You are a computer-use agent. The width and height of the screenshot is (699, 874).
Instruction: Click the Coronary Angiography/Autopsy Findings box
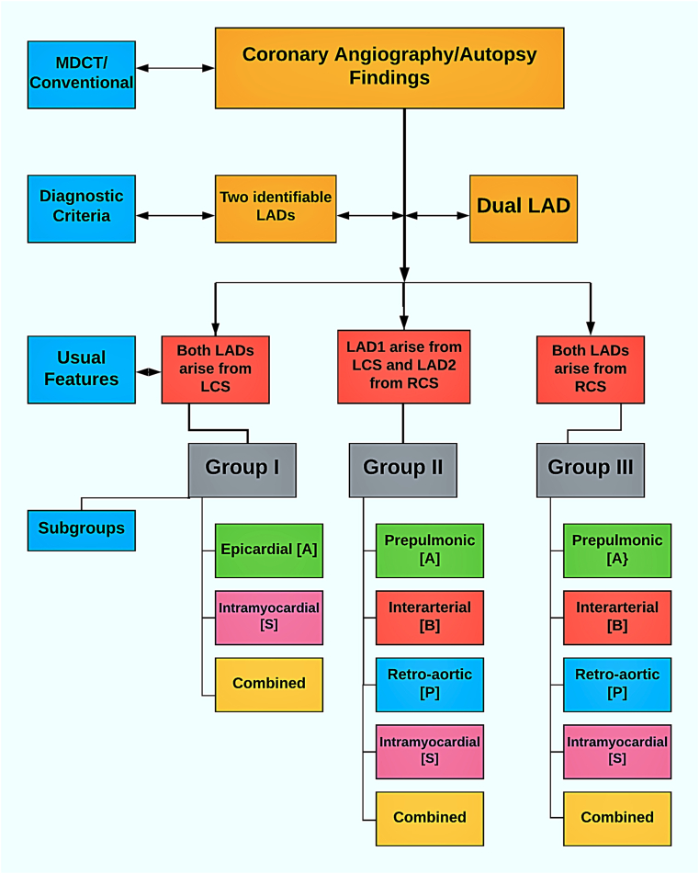[389, 67]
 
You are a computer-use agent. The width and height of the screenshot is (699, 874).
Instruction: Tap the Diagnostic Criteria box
[82, 209]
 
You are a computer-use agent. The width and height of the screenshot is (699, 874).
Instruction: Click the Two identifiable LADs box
[276, 209]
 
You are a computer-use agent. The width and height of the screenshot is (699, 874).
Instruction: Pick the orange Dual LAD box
[524, 209]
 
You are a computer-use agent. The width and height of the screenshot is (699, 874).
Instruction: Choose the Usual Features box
[82, 369]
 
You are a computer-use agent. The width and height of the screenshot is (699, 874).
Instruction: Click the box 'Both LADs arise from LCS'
[216, 369]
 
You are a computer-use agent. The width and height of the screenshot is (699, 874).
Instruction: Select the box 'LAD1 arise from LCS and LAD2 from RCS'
[403, 367]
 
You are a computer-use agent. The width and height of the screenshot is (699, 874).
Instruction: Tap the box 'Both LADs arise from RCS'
[591, 369]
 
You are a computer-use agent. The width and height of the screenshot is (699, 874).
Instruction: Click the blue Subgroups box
[82, 530]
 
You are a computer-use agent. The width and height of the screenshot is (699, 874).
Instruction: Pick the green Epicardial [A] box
[269, 551]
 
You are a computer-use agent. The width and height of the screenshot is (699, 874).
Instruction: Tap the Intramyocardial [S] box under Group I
[269, 618]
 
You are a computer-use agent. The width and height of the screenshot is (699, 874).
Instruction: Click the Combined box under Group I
[269, 685]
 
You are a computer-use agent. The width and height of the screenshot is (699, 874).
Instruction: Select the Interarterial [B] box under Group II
[430, 618]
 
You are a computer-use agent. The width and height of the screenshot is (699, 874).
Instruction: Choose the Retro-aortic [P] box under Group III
[617, 685]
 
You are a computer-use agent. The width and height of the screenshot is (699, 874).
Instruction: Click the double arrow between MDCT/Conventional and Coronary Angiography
[175, 68]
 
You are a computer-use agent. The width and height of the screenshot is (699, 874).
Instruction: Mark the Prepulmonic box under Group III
[617, 551]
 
